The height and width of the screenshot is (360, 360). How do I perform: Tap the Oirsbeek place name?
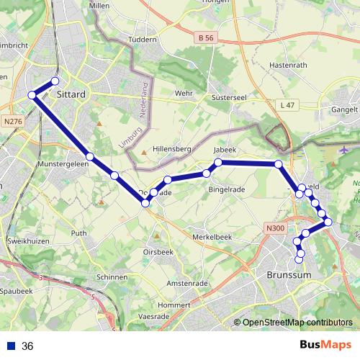tap(158, 251)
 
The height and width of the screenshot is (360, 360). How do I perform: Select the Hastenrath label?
tap(287, 65)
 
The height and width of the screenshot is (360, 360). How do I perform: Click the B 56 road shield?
tap(205, 36)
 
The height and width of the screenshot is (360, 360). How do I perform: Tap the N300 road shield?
tap(275, 228)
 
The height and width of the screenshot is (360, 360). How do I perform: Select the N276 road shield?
tap(12, 122)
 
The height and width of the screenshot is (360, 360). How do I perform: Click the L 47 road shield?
tap(287, 106)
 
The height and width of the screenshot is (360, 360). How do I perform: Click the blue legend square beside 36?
tap(10, 346)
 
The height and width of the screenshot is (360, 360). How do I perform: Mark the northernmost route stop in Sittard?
tap(55, 81)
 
